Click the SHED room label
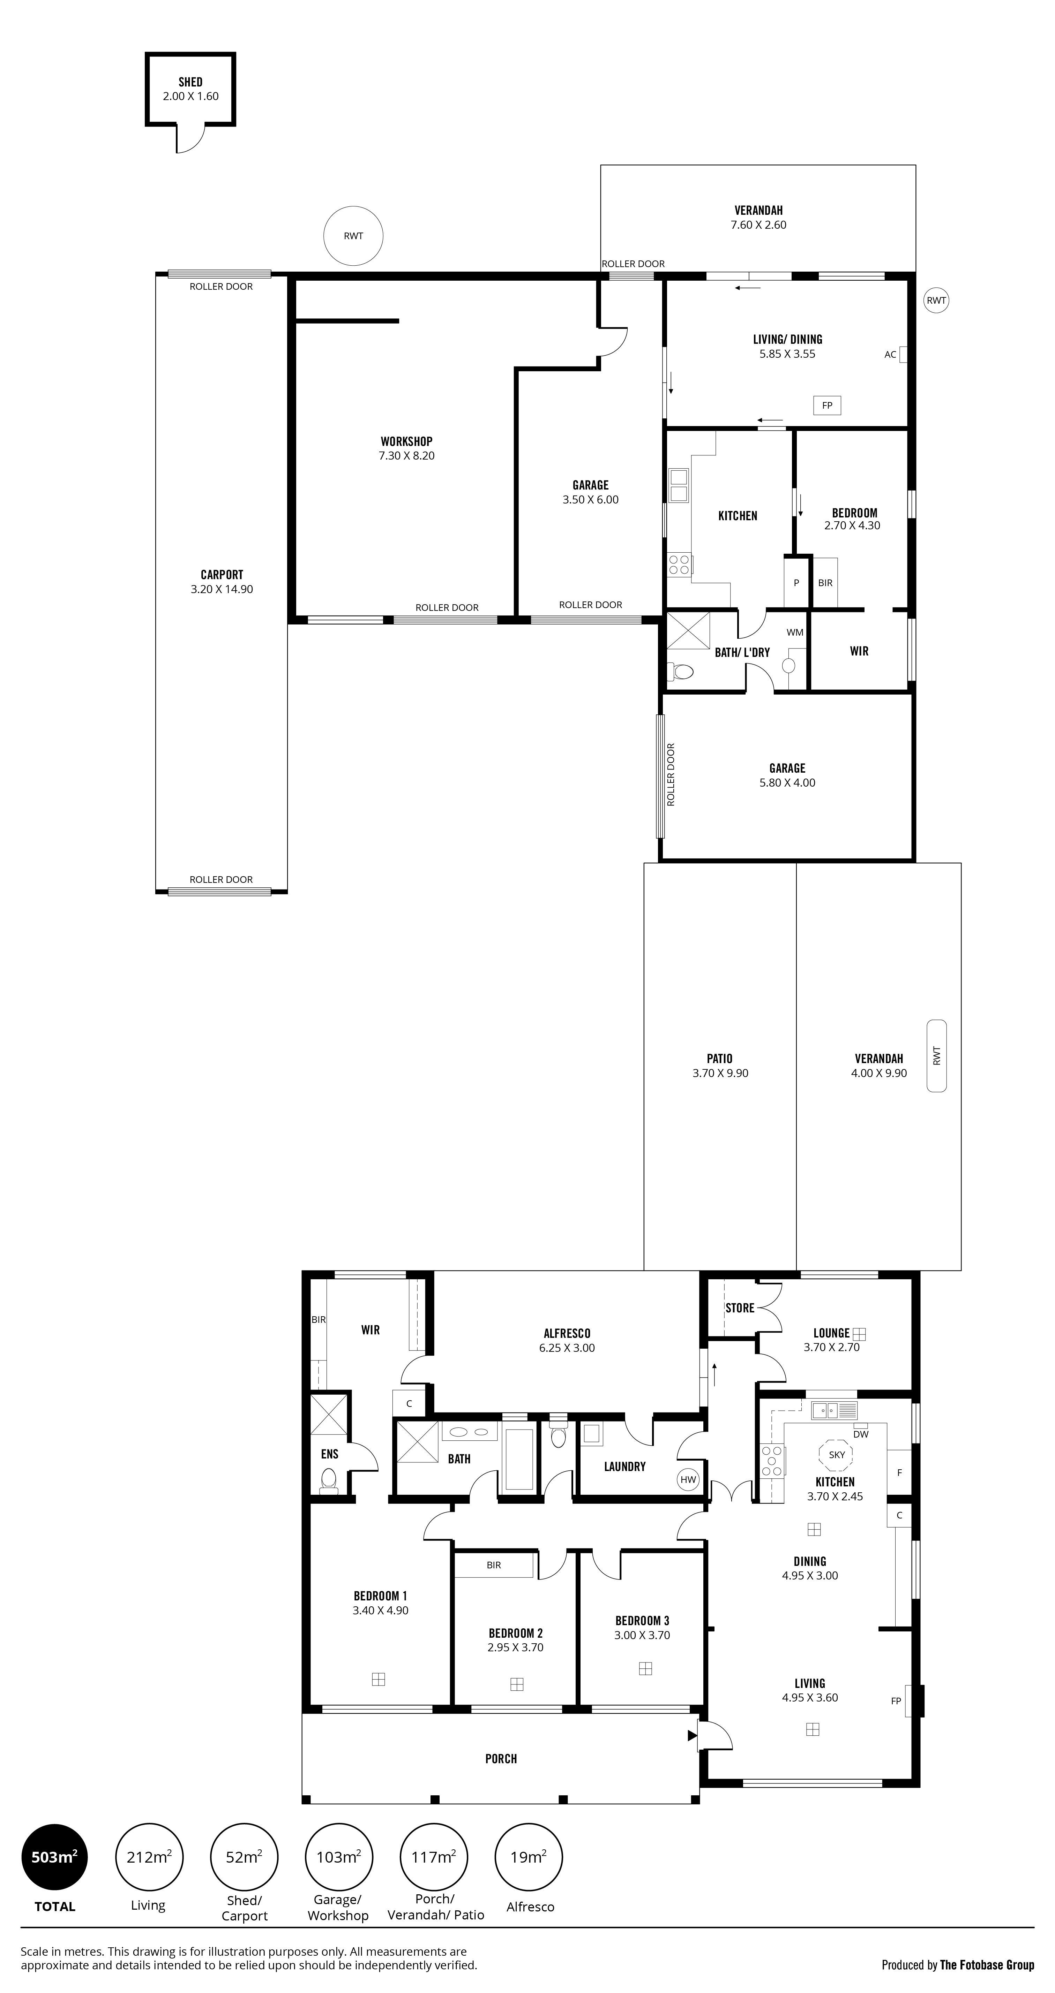(x=190, y=82)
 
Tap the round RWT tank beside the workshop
(x=353, y=236)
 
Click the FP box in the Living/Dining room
(x=827, y=406)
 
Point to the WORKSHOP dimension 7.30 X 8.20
(x=406, y=456)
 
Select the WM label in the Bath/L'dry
(x=795, y=632)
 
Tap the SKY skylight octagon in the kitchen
(x=837, y=1455)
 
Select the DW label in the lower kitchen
(x=861, y=1434)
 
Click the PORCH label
(x=501, y=1759)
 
